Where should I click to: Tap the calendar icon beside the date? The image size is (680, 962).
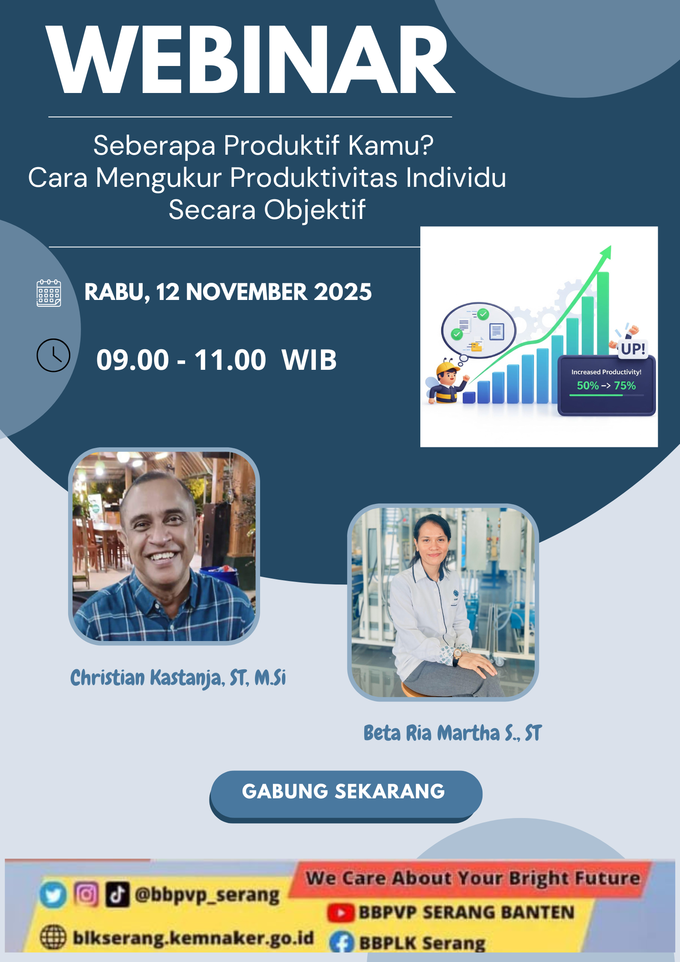(49, 293)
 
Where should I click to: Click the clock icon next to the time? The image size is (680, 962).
(53, 355)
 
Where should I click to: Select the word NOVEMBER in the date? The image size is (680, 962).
(246, 292)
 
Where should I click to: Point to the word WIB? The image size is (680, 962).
(309, 360)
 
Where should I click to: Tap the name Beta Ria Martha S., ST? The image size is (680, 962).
(452, 733)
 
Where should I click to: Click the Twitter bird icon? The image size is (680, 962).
(53, 895)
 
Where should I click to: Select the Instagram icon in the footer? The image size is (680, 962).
(86, 894)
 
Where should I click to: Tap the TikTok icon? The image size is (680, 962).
(117, 895)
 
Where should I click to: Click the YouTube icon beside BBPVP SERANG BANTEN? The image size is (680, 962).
(341, 913)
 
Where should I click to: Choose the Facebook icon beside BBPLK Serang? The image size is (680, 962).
(341, 942)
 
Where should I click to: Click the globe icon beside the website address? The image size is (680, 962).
(53, 937)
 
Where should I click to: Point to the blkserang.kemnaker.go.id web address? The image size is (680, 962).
(193, 938)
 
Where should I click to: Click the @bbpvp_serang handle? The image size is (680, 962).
(207, 895)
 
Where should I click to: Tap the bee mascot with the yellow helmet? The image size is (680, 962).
(447, 383)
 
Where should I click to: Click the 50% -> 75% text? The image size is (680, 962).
(606, 386)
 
